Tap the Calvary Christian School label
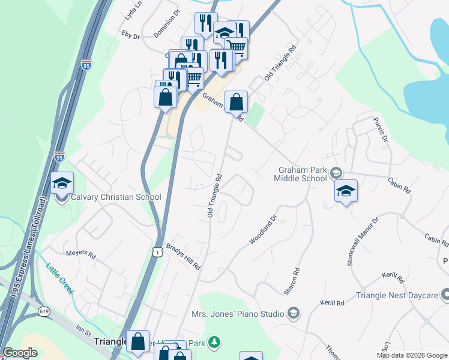(116, 197)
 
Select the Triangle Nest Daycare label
(396, 295)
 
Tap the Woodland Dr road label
(263, 230)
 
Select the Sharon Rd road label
(293, 280)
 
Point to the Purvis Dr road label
(379, 130)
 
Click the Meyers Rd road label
(81, 254)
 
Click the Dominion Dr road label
(167, 23)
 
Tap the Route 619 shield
(44, 311)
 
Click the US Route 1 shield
(157, 253)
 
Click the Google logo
(20, 353)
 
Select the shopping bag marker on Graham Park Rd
(237, 101)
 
